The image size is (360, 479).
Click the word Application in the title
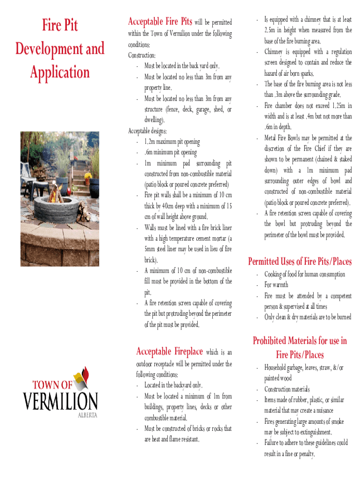pyautogui.click(x=60, y=73)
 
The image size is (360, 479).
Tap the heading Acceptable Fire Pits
pyautogui.click(x=159, y=22)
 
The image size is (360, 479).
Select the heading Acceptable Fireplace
pyautogui.click(x=169, y=351)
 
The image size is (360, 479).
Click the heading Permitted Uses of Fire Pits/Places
pyautogui.click(x=300, y=261)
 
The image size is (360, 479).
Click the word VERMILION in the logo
pyautogui.click(x=61, y=401)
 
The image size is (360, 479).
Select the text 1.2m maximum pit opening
pyautogui.click(x=172, y=142)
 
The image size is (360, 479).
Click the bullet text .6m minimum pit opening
pyautogui.click(x=171, y=152)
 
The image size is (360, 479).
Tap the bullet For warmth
pyautogui.click(x=276, y=285)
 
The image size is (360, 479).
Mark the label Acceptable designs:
pyautogui.click(x=148, y=131)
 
